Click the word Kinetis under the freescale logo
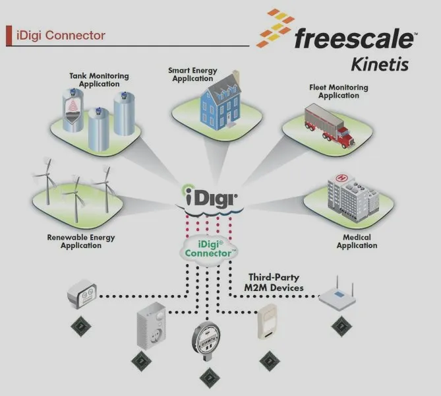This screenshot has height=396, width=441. point(380,65)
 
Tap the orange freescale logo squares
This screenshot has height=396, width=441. point(276,28)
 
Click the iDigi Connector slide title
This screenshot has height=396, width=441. point(61,36)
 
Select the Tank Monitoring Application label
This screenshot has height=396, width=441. point(99,80)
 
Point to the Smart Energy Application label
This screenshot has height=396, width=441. point(192,75)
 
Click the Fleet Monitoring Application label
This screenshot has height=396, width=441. point(339,92)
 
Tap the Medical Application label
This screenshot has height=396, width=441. point(357,242)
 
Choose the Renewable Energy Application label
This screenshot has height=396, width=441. point(81,242)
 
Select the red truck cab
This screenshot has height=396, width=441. point(345,137)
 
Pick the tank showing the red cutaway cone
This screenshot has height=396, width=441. point(73,110)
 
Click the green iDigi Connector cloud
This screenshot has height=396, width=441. point(208,249)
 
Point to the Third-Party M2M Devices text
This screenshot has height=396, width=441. point(274,282)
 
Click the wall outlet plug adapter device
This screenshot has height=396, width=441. point(152,326)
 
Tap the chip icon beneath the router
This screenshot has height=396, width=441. point(341,326)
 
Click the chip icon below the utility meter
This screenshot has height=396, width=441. point(210,378)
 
